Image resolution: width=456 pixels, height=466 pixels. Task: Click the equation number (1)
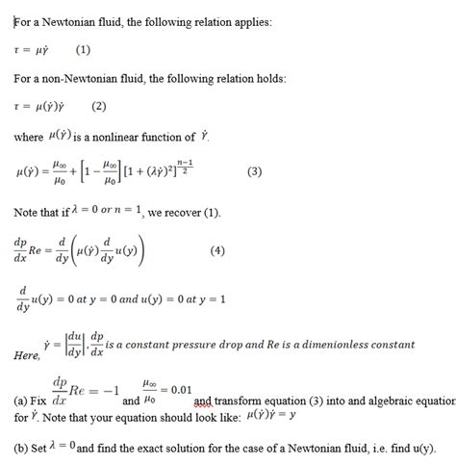point(83,47)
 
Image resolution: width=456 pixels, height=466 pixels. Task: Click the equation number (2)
point(99,105)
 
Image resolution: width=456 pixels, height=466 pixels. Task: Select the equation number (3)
point(254,172)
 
